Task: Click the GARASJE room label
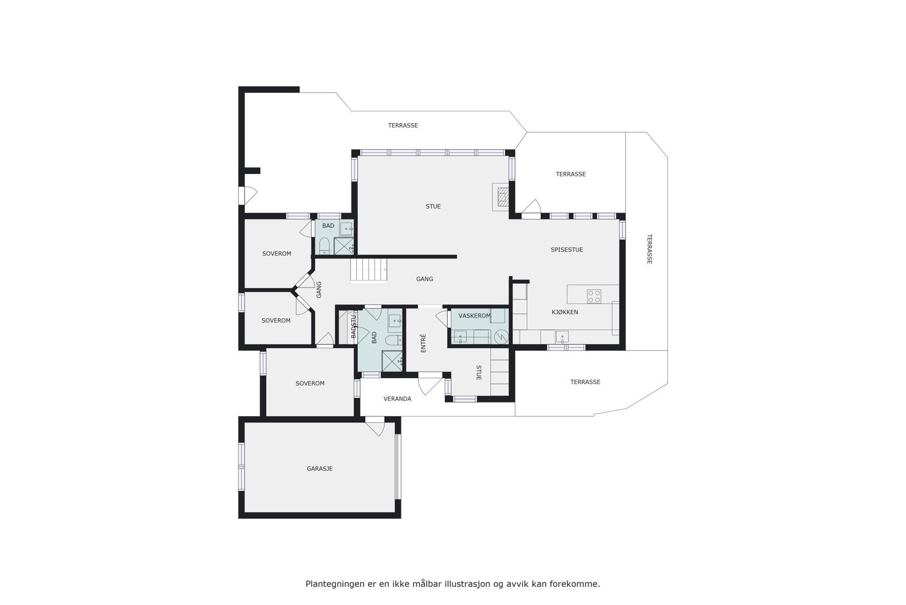click(x=319, y=469)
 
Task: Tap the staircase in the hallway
click(x=369, y=270)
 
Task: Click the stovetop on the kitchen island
click(x=594, y=296)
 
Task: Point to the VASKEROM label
click(x=474, y=316)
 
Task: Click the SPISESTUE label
click(x=566, y=250)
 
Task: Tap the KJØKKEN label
click(x=565, y=312)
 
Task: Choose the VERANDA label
click(x=397, y=399)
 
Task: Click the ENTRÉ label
click(x=423, y=343)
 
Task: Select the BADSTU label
click(x=354, y=327)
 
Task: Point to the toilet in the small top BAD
click(x=324, y=246)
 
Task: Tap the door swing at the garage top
click(x=375, y=428)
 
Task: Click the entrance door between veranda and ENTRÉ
click(x=430, y=386)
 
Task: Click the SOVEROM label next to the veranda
click(x=310, y=384)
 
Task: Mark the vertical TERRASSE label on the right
click(x=649, y=249)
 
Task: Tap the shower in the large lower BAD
click(x=392, y=361)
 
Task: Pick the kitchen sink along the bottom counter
click(x=562, y=337)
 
